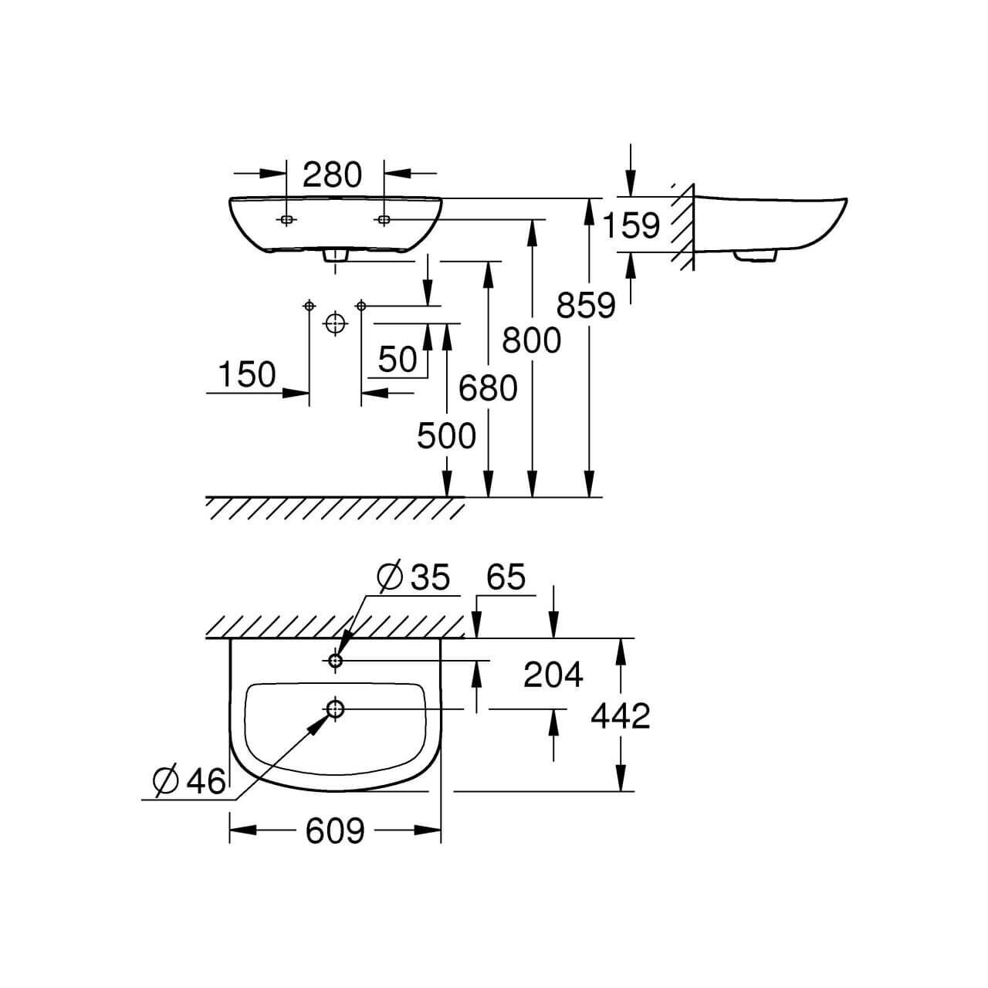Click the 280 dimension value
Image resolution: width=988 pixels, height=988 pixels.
[332, 175]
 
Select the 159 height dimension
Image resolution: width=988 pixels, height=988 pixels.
[631, 225]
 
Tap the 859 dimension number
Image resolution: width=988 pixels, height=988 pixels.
[587, 306]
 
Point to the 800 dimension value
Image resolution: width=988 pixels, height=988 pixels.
[531, 340]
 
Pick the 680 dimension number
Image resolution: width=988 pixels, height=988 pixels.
[488, 387]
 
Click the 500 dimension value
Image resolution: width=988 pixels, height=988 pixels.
[446, 437]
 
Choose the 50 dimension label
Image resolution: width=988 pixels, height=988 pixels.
[398, 359]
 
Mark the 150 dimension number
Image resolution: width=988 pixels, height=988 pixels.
[247, 375]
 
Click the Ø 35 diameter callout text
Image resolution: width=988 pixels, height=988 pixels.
[414, 577]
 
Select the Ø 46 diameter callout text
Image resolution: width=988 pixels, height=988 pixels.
[189, 781]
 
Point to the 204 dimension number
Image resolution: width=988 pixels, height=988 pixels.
[553, 675]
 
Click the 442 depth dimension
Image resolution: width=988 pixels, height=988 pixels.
[621, 716]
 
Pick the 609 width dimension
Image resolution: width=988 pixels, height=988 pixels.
[334, 831]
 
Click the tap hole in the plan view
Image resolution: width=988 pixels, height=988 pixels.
[336, 661]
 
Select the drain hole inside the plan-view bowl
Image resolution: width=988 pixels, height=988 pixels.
[336, 708]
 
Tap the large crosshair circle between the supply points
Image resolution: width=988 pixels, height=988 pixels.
[334, 323]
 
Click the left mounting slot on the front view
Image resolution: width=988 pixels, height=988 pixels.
[286, 220]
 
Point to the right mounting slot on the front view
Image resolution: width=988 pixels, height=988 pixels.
[384, 220]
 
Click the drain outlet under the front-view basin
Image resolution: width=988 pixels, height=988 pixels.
[335, 256]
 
